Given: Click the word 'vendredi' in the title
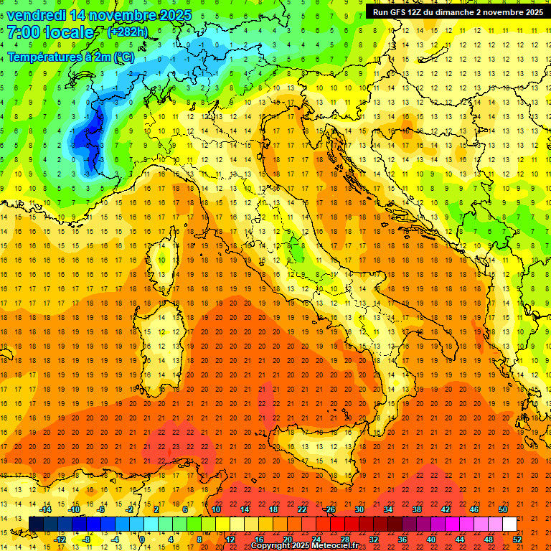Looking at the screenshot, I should click(33, 14).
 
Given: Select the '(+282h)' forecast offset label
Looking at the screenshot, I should click(127, 32).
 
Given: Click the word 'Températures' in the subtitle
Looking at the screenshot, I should click(40, 57).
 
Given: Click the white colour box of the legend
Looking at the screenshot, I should click(509, 524).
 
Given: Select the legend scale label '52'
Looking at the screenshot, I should click(517, 539).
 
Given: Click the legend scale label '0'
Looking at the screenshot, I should click(142, 539).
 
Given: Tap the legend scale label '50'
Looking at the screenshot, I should click(503, 509).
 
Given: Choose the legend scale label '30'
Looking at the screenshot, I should click(359, 509).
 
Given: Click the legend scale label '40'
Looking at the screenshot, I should click(431, 539).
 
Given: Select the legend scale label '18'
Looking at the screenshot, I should click(273, 509).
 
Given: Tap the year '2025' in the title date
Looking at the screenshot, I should click(174, 14).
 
